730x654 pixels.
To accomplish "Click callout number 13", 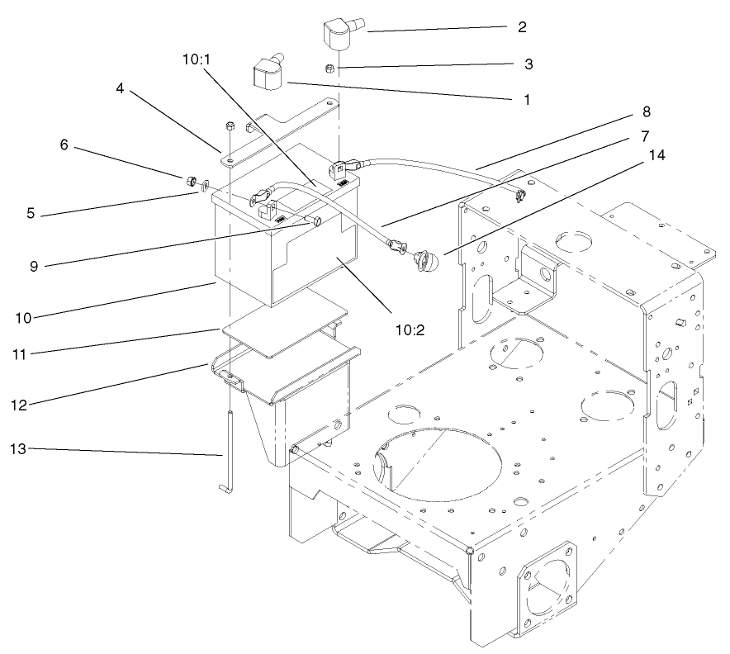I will click(17, 448).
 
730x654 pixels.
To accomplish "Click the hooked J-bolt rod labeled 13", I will click(226, 446).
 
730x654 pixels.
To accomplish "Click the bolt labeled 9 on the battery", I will click(314, 222).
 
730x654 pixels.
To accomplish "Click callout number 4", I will click(120, 88).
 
